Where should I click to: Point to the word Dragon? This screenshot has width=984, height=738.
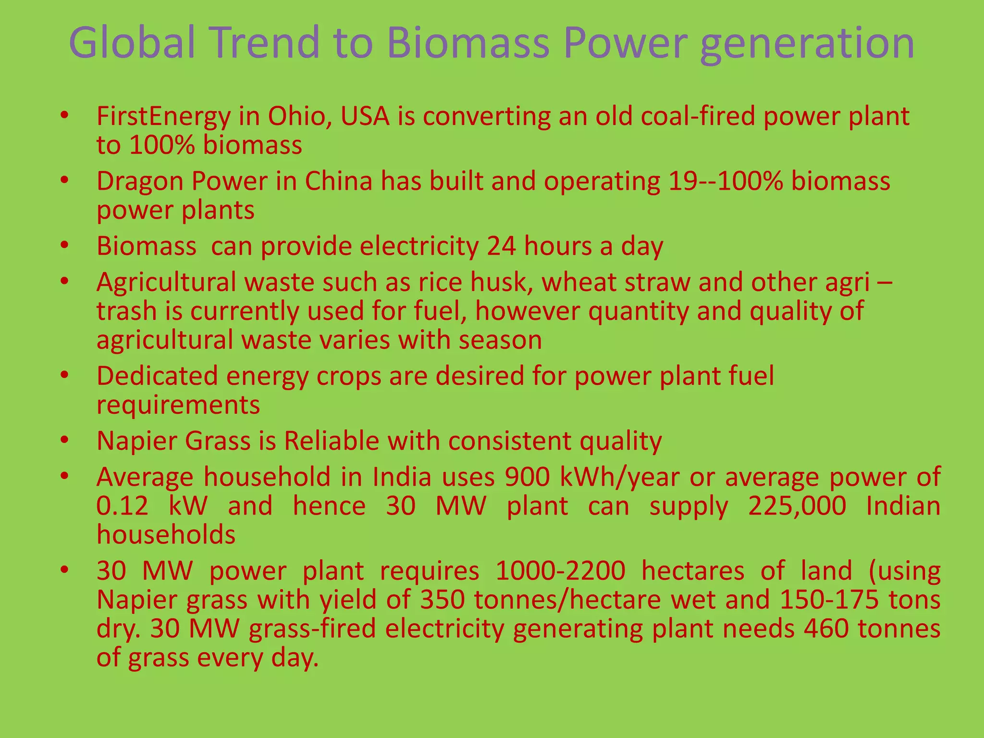(x=140, y=182)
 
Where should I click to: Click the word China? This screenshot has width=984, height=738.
(x=339, y=182)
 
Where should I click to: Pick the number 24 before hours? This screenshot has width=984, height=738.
(x=502, y=246)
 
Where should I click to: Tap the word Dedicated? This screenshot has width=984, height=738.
(x=157, y=376)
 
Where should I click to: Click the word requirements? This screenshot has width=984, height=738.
(x=178, y=405)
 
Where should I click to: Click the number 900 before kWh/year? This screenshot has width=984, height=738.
(x=527, y=477)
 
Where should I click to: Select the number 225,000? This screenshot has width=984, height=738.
(x=797, y=506)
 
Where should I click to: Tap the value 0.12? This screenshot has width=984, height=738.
(x=122, y=506)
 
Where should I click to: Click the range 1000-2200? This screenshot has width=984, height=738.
(x=560, y=571)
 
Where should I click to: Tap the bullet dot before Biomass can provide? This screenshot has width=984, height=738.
(x=65, y=246)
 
